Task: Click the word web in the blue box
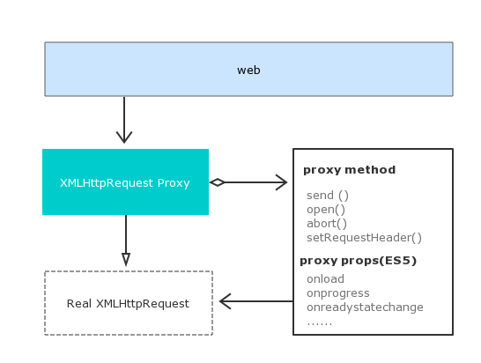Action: pyautogui.click(x=248, y=70)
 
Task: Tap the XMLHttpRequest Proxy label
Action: pyautogui.click(x=125, y=183)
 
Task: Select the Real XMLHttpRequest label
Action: pyautogui.click(x=128, y=303)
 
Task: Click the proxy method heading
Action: pyautogui.click(x=350, y=170)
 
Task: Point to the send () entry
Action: pyautogui.click(x=328, y=196)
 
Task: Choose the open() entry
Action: pyautogui.click(x=326, y=210)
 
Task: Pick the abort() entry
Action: pyautogui.click(x=327, y=224)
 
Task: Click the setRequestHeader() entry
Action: pyautogui.click(x=364, y=238)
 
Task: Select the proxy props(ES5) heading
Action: pyautogui.click(x=358, y=261)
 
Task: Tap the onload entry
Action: pyautogui.click(x=325, y=279)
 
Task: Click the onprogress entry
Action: pyautogui.click(x=338, y=293)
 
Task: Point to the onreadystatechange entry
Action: pyautogui.click(x=365, y=307)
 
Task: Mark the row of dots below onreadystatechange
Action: pyautogui.click(x=320, y=323)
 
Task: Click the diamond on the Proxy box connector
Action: pyautogui.click(x=218, y=182)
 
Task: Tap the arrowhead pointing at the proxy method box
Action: pyautogui.click(x=282, y=182)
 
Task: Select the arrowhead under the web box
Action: pyautogui.click(x=124, y=137)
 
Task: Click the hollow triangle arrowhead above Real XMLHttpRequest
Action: pyautogui.click(x=126, y=259)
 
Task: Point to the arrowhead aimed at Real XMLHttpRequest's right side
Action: pyautogui.click(x=226, y=301)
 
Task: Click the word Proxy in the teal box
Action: pyautogui.click(x=174, y=183)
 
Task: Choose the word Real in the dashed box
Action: pyautogui.click(x=79, y=303)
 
